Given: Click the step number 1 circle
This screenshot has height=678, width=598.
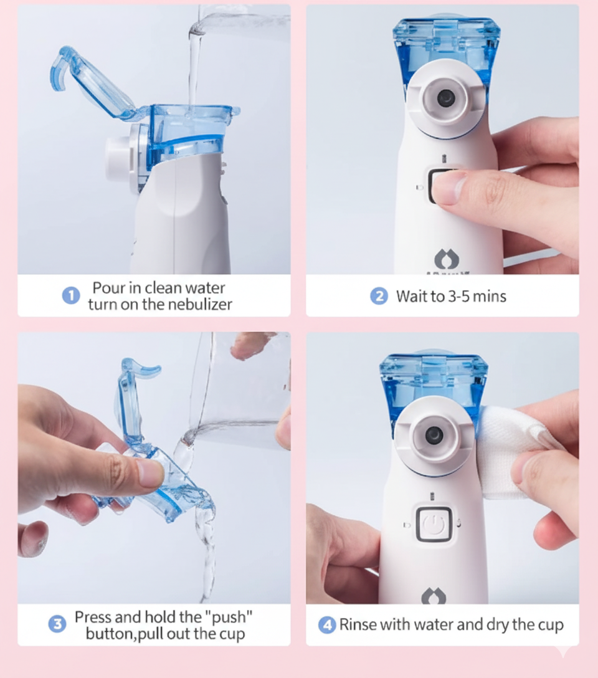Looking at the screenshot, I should pos(71,296).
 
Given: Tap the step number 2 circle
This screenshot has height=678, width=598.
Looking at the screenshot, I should pos(379,296).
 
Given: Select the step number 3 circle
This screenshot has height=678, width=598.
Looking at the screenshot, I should pos(57,624).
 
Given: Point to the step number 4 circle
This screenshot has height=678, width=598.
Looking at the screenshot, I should pos(327,624).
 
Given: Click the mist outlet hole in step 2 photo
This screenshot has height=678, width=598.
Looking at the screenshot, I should pos(445,98).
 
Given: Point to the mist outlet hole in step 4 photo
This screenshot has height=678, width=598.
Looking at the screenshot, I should pos(434,434).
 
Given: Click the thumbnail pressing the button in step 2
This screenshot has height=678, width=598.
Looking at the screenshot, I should pos(448,186).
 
